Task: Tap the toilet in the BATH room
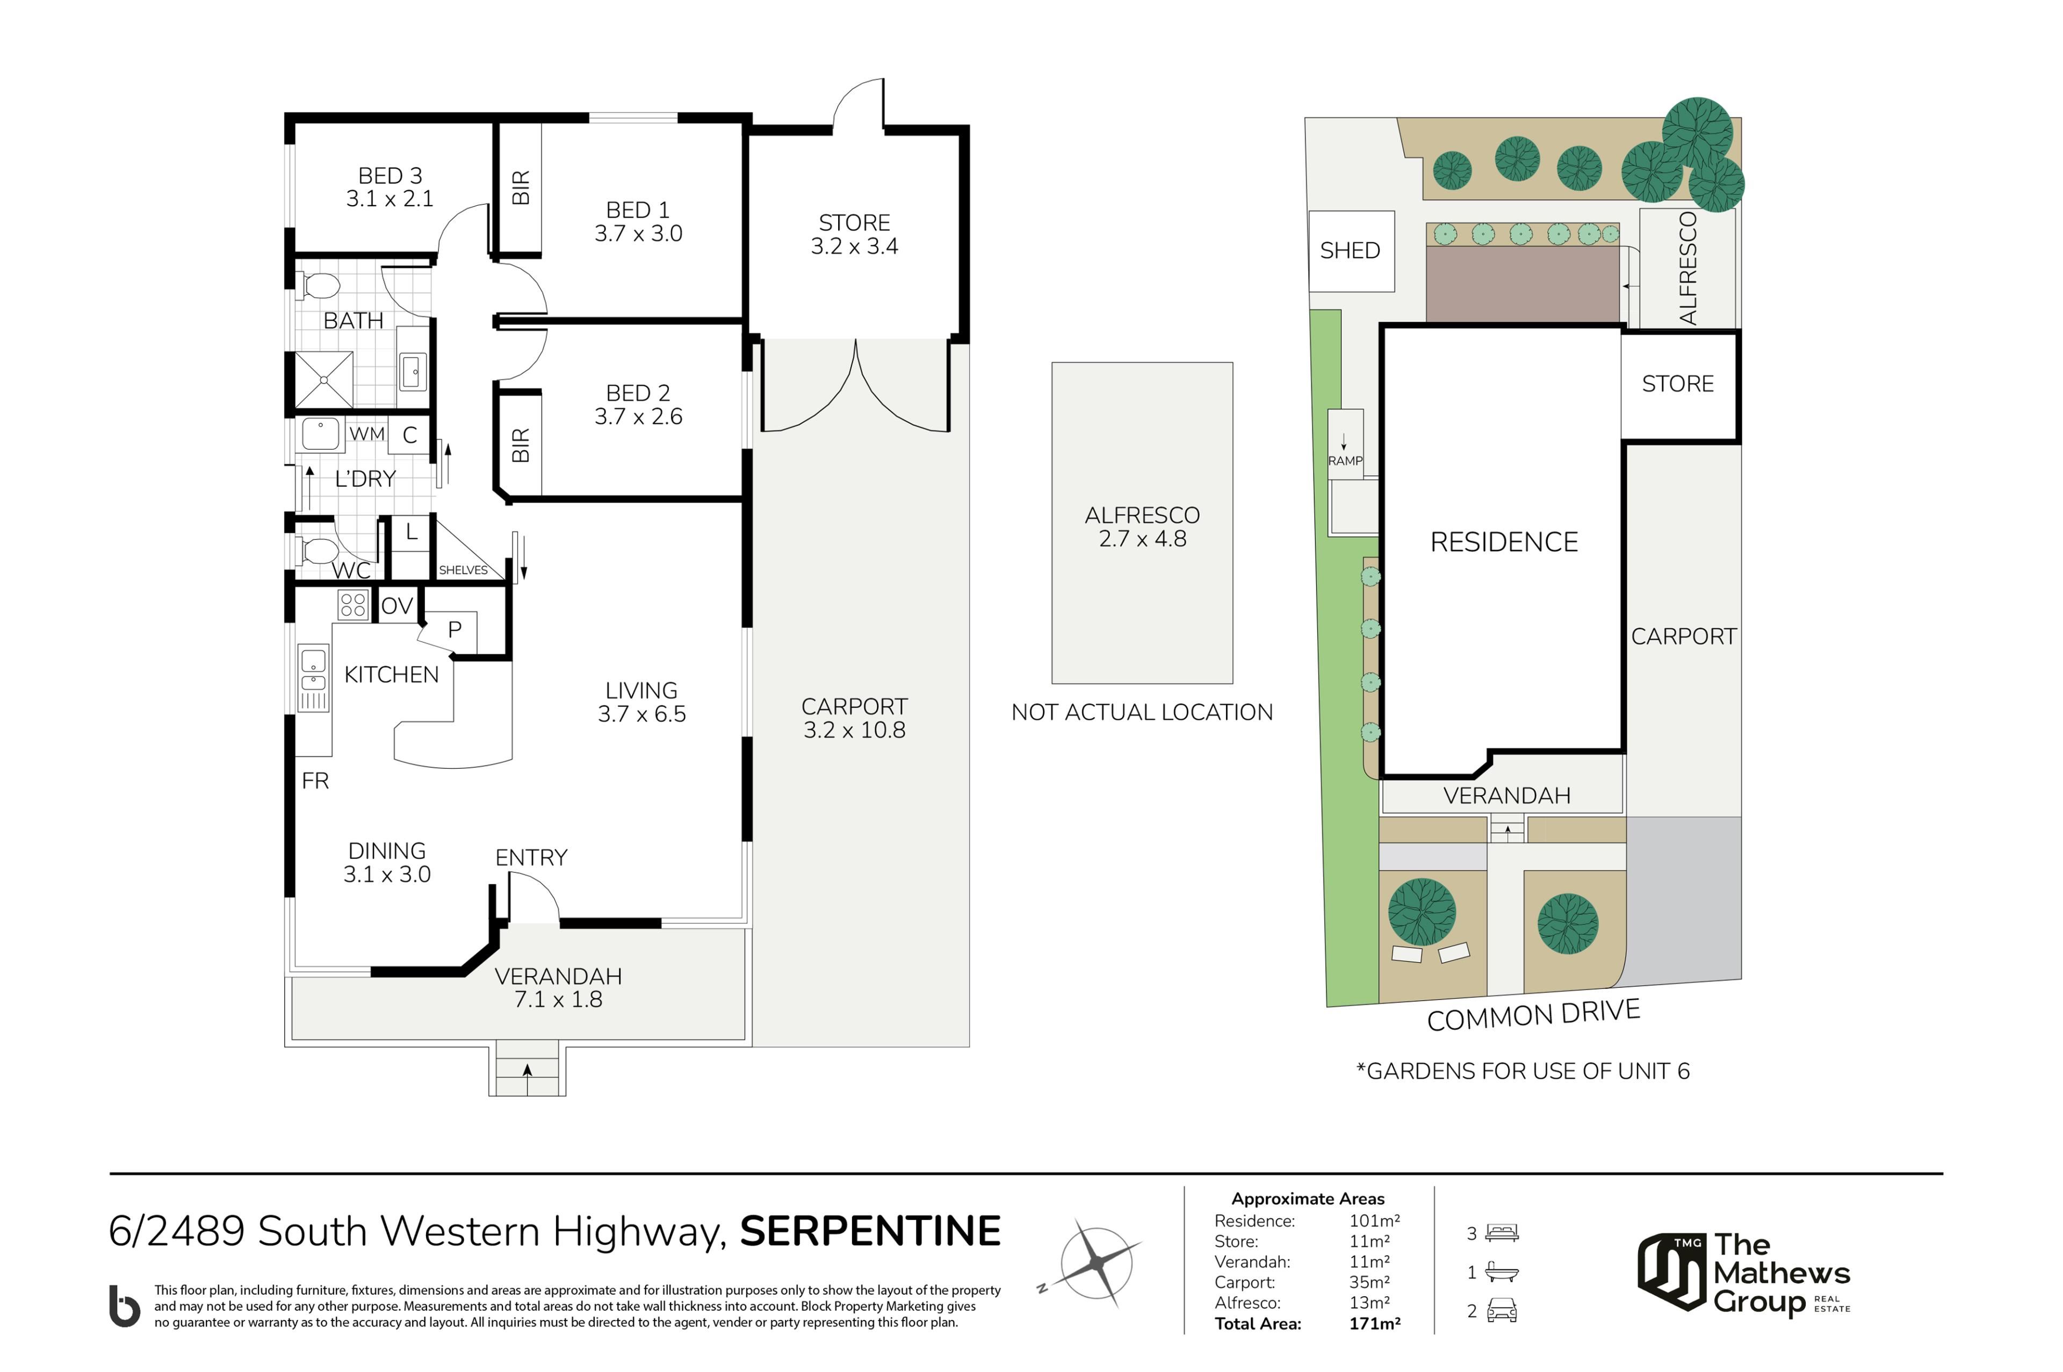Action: coord(319,285)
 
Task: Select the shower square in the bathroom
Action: coord(324,380)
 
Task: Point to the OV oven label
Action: coord(397,605)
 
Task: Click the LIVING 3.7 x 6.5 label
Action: coord(641,702)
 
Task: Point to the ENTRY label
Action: coord(531,857)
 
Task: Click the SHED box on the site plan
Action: coord(1351,251)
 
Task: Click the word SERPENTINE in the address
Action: coord(870,1231)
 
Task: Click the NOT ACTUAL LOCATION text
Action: coord(1142,712)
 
